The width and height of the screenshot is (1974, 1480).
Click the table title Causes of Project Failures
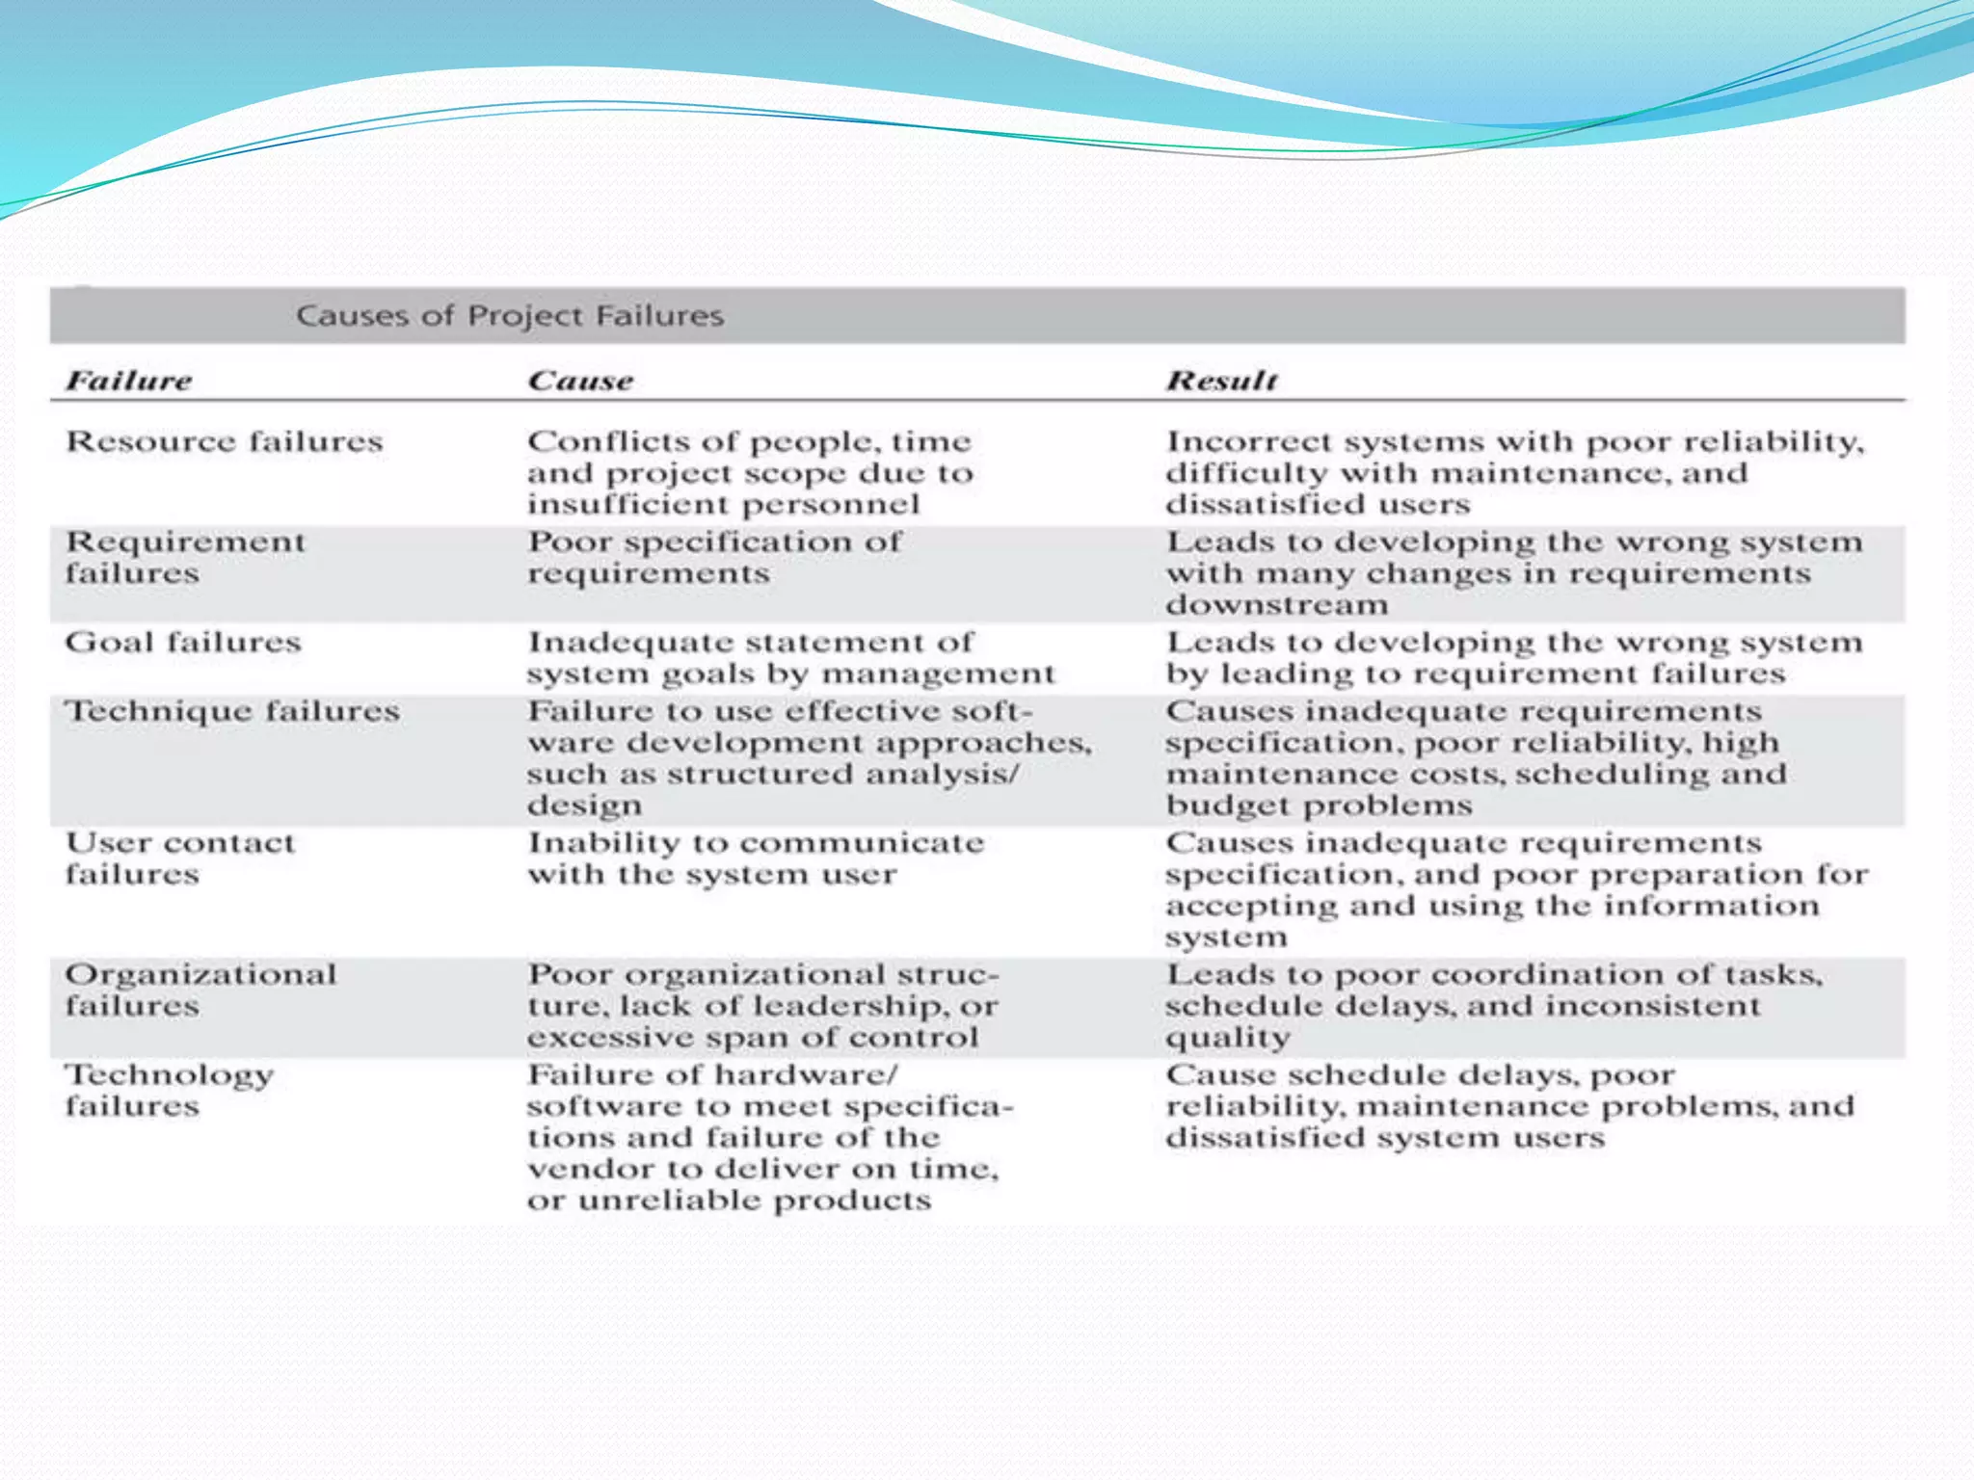pyautogui.click(x=510, y=315)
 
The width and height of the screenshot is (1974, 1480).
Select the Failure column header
pyautogui.click(x=129, y=381)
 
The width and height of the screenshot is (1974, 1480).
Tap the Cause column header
pyautogui.click(x=580, y=381)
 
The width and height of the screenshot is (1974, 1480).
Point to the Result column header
pyautogui.click(x=1222, y=381)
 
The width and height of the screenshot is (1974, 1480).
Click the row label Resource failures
pyautogui.click(x=224, y=441)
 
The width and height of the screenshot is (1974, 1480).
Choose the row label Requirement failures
pyautogui.click(x=185, y=557)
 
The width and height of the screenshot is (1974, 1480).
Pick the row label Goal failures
pyautogui.click(x=183, y=642)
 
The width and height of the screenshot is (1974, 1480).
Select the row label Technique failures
pyautogui.click(x=232, y=711)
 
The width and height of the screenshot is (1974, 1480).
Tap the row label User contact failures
pyautogui.click(x=179, y=858)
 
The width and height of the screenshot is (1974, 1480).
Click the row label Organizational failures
pyautogui.click(x=200, y=990)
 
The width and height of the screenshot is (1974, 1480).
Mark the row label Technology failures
pyautogui.click(x=170, y=1090)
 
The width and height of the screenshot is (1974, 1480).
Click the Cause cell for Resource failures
pyautogui.click(x=750, y=472)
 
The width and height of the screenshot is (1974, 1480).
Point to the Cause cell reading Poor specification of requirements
pyautogui.click(x=714, y=557)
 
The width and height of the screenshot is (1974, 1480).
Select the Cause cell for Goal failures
pyautogui.click(x=790, y=657)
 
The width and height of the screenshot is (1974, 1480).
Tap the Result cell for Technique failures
pyautogui.click(x=1476, y=757)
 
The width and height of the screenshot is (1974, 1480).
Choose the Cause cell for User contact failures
pyautogui.click(x=756, y=858)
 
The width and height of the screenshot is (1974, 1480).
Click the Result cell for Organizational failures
pyautogui.click(x=1493, y=1005)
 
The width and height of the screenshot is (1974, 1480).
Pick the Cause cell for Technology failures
pyautogui.click(x=769, y=1137)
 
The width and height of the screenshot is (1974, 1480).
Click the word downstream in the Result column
pyautogui.click(x=1277, y=605)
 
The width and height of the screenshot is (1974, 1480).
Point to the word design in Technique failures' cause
pyautogui.click(x=584, y=806)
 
